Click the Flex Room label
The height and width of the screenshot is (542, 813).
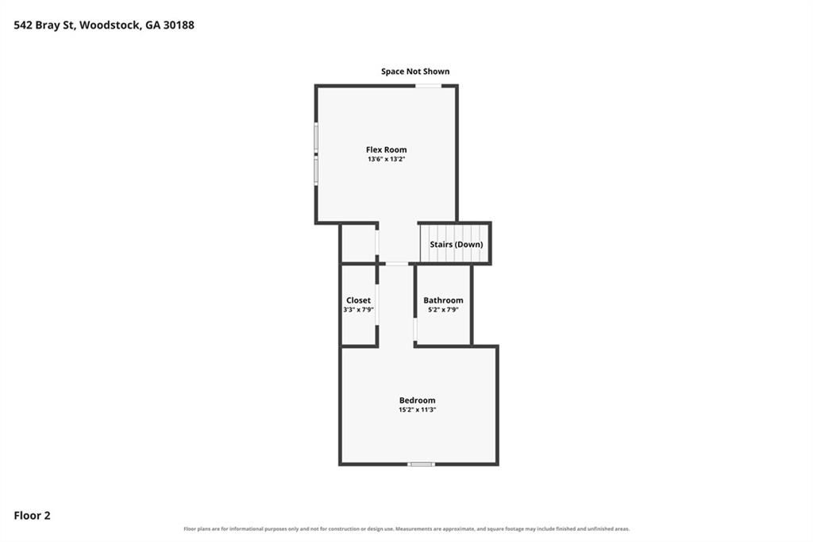point(387,149)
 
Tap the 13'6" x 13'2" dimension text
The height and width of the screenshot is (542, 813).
point(387,160)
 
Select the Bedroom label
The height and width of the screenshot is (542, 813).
point(418,401)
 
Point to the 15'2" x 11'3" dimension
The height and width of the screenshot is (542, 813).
point(418,409)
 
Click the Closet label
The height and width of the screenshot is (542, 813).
point(358,300)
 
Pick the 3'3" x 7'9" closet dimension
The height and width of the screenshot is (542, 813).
point(358,310)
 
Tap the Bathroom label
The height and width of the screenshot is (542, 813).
point(443,300)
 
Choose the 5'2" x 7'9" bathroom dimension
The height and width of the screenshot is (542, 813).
point(443,310)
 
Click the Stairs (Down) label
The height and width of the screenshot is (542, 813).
point(457,244)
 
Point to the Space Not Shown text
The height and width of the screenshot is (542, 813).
point(415,71)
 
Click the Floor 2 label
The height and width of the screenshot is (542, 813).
point(32,516)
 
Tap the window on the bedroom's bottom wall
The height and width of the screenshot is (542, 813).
point(421,464)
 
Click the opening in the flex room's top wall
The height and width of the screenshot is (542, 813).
point(428,86)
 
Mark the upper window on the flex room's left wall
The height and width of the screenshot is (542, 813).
point(316,137)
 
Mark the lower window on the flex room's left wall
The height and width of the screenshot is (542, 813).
point(316,171)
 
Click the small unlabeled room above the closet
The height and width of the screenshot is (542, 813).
point(358,243)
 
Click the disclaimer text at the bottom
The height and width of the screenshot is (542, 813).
point(406,529)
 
